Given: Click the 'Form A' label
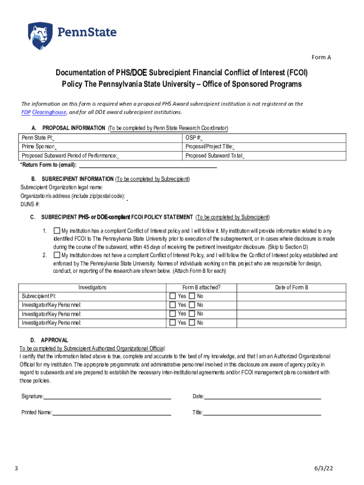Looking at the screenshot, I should click(x=321, y=57).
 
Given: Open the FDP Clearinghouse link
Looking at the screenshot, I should click(x=44, y=112).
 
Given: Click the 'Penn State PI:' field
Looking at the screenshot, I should click(x=101, y=138).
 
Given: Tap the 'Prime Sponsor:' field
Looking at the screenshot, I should click(x=101, y=147).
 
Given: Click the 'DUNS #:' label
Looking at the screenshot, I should click(x=30, y=204).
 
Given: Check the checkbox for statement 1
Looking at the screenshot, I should click(x=57, y=231).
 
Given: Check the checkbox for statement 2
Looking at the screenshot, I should click(x=57, y=255).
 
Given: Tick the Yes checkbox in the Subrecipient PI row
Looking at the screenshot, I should click(x=172, y=296).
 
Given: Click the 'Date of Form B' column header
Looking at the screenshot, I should click(x=292, y=287).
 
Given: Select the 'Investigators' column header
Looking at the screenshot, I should click(x=92, y=287).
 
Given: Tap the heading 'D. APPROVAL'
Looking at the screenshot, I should click(x=50, y=340).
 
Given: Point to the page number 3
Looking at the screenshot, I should click(x=16, y=469).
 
